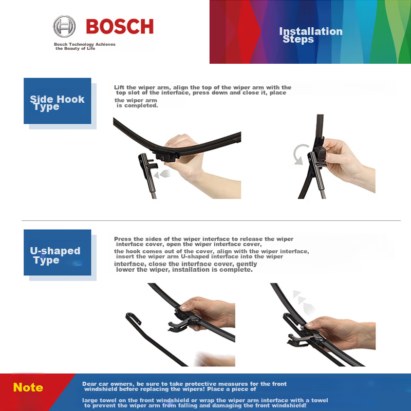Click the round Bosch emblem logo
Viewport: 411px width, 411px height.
coord(64,26)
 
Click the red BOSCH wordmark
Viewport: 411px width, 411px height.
coord(120,27)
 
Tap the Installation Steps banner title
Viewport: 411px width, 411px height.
coord(310,35)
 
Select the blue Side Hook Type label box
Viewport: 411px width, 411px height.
coord(57,101)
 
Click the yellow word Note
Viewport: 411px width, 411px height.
coord(28,387)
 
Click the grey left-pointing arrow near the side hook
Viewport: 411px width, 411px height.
coord(164,174)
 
